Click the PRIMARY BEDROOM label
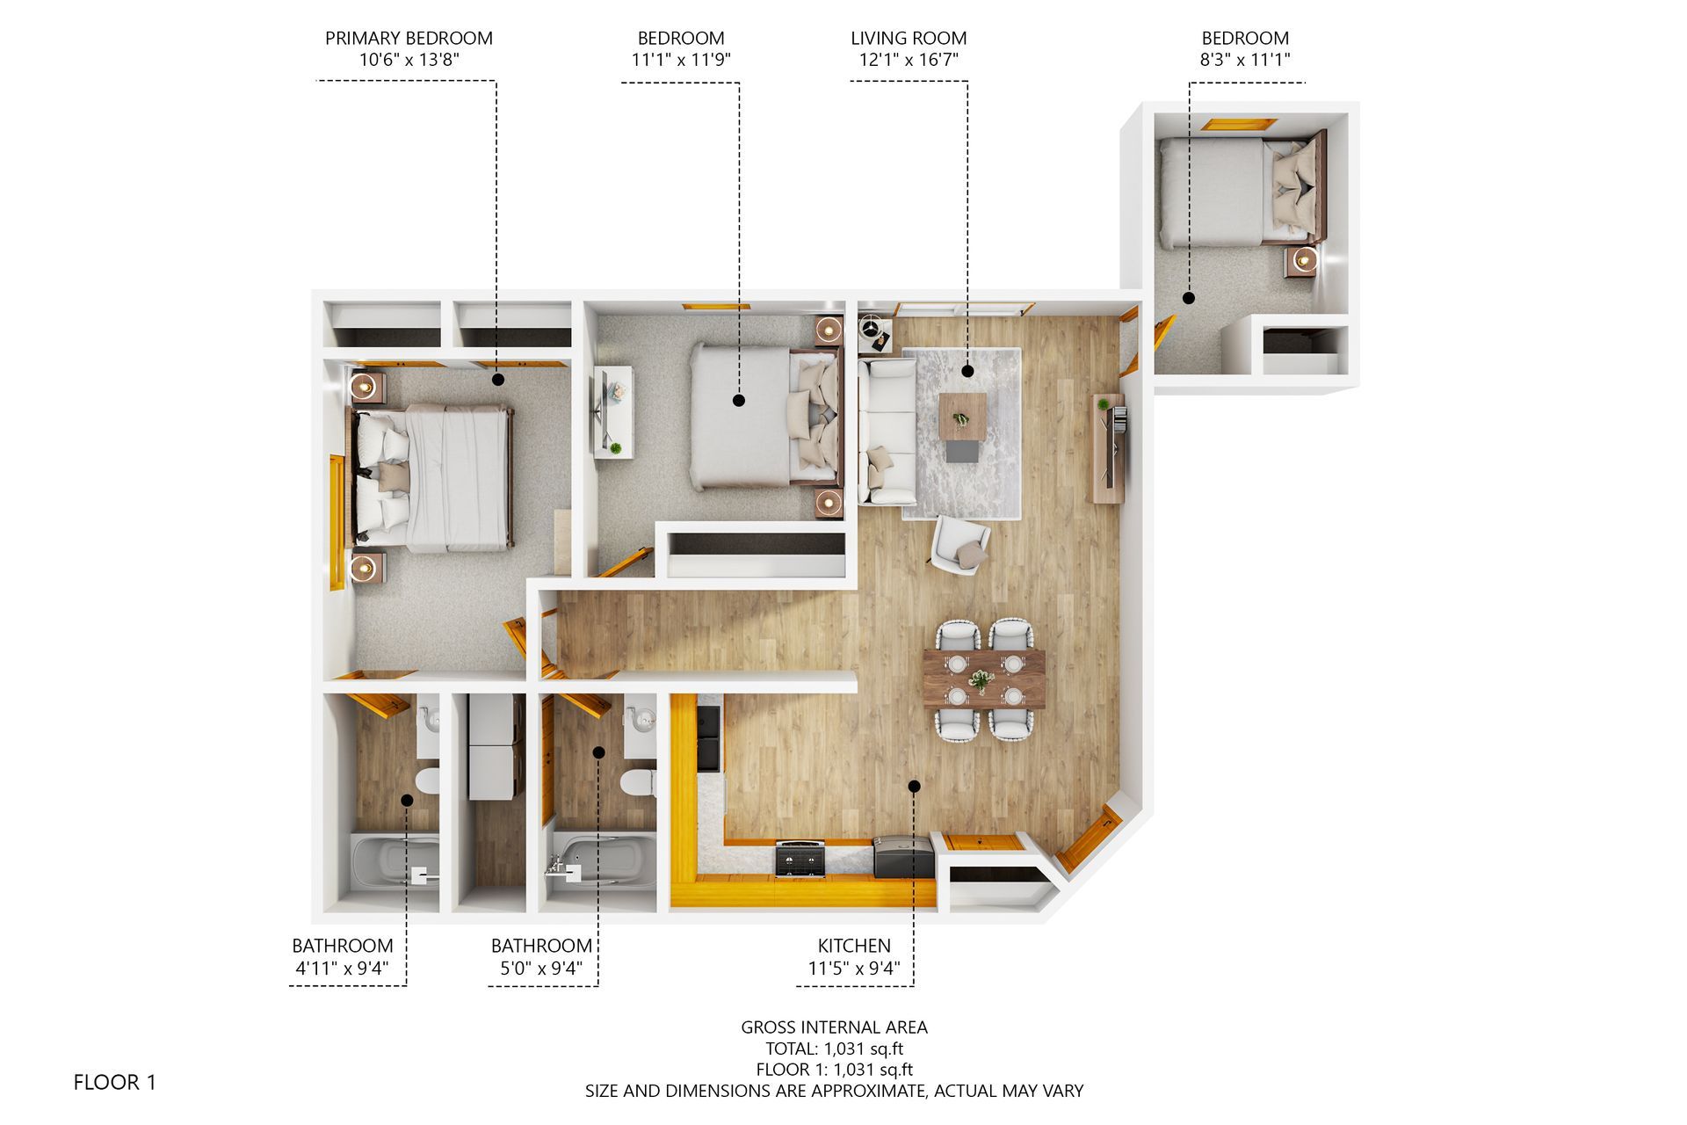click(409, 38)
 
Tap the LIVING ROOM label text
click(909, 38)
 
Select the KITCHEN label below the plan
click(854, 946)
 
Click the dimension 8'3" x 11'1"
click(1245, 60)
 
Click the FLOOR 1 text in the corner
click(115, 1082)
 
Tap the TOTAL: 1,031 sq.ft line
click(834, 1049)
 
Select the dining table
click(984, 679)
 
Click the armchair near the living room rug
click(961, 545)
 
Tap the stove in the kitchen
click(800, 859)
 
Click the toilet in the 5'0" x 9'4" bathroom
click(636, 780)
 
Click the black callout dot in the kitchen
click(914, 786)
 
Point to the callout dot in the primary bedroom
click(498, 380)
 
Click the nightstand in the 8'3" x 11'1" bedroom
click(1304, 261)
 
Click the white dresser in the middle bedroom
click(612, 411)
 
